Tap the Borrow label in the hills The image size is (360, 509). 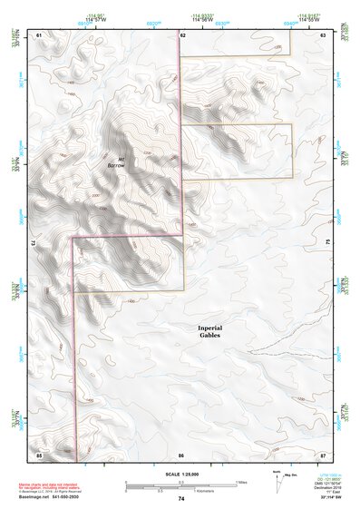(115, 164)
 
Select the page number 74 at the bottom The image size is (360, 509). (181, 499)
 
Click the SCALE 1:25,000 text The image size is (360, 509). (181, 475)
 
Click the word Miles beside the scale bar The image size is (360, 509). (240, 482)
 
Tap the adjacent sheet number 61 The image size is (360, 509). (39, 34)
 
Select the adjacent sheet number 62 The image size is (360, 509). (182, 34)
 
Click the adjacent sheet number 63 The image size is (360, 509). (324, 34)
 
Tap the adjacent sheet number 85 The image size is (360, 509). (39, 454)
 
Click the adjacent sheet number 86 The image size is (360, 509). (182, 454)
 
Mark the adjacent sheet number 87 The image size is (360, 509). (324, 454)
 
